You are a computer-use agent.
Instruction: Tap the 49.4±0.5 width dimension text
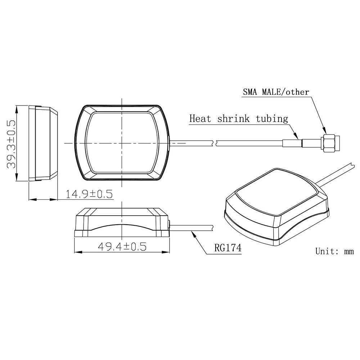(122, 247)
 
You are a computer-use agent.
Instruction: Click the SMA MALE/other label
(276, 92)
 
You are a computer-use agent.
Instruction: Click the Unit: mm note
(334, 251)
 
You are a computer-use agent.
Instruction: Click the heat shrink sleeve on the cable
(292, 143)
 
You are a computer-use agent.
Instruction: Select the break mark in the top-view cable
(214, 143)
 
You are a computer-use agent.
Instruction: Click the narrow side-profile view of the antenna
(43, 143)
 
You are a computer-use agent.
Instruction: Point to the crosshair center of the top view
(122, 143)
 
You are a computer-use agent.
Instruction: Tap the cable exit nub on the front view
(169, 225)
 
